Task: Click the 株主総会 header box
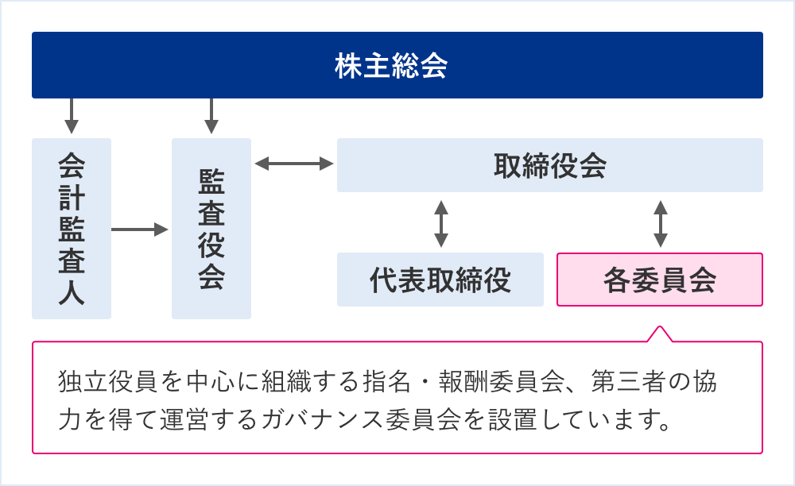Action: coord(397,65)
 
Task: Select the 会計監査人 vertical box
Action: coord(72,228)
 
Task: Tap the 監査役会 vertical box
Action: coord(211,228)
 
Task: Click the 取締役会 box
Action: coord(549,165)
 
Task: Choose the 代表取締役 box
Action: coord(440,280)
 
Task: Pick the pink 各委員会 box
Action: coord(659,280)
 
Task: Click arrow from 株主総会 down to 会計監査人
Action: coord(72,116)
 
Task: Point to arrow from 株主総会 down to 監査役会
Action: coord(211,116)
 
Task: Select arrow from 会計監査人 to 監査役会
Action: coord(141,229)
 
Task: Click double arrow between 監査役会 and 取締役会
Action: coord(294,164)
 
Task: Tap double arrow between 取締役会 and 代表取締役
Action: coord(440,223)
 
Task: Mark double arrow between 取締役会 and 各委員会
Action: coord(659,223)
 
